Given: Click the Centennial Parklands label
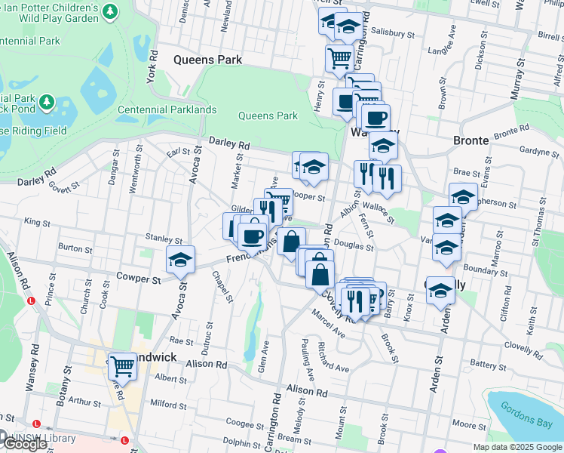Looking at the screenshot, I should [x=167, y=109].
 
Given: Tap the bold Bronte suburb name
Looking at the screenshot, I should [x=471, y=140].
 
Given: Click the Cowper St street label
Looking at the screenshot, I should [x=139, y=278].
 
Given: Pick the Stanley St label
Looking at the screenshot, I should [x=164, y=239].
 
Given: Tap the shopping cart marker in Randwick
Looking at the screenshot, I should [x=122, y=367].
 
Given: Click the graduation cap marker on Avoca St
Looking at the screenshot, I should [x=180, y=259].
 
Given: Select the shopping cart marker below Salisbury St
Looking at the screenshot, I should [x=339, y=57].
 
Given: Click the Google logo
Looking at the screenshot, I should [x=24, y=444].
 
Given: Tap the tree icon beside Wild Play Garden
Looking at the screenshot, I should [x=111, y=11].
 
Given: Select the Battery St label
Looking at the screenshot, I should [x=488, y=363].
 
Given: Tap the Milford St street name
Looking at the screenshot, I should [x=169, y=404].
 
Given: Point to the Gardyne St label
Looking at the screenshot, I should [x=538, y=151].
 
